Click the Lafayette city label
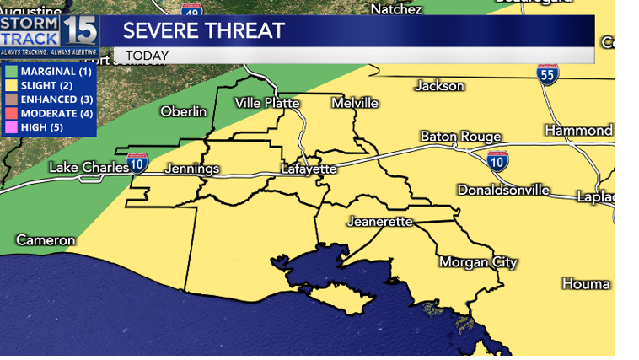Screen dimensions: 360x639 pos(309,169)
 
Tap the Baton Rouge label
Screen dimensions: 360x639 pos(461,137)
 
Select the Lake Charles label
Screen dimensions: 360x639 pos(89,167)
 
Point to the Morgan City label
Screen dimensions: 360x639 pos(478,262)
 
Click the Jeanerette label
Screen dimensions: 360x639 pos(379,222)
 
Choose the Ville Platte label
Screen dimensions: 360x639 pos(267,103)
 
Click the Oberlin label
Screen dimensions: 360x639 pos(183,111)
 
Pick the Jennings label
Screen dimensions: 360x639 pos(191,169)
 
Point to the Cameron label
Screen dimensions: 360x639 pos(46,240)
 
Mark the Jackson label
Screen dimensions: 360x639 pos(439,86)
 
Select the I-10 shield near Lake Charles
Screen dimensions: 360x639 pos(138,162)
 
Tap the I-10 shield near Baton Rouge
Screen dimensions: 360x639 pos(497,159)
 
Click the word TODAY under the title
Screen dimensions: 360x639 pos(148,56)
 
